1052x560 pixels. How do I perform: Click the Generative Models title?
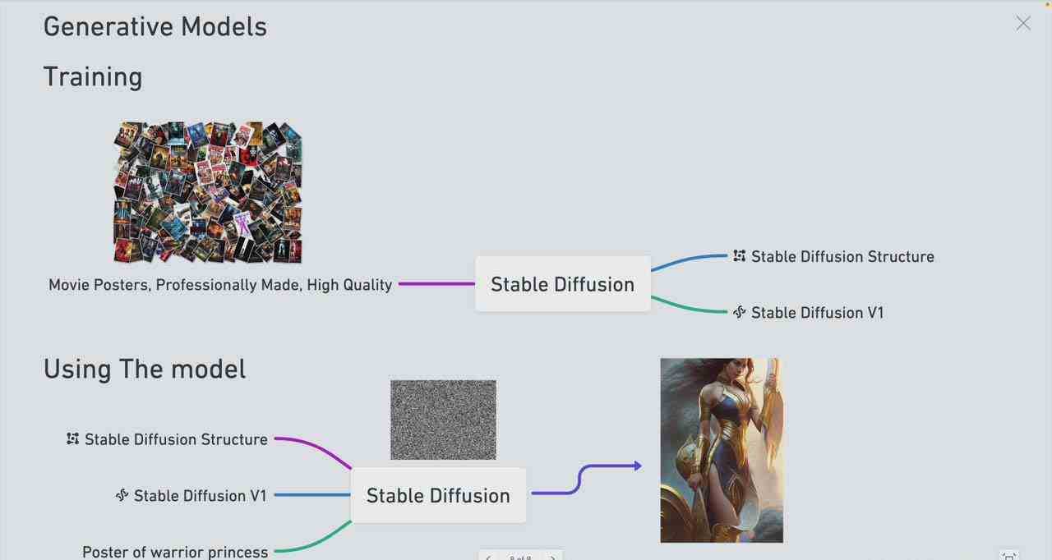pos(155,26)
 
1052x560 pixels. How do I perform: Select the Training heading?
pos(93,76)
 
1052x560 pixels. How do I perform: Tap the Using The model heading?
pos(145,369)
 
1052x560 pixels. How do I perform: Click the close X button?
pos(1022,24)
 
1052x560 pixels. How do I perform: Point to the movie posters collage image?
pos(208,192)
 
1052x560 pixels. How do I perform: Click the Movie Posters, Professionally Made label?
pos(220,285)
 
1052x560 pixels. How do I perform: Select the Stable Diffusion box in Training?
pos(562,284)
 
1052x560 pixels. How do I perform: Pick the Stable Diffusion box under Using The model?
pos(438,495)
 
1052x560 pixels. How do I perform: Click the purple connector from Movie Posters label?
pos(436,284)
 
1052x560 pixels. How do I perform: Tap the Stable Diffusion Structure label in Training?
pos(842,256)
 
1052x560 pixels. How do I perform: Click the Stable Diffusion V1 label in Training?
pos(817,312)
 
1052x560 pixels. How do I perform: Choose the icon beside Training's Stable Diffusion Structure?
pos(740,255)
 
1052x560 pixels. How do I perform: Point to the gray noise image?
pos(443,420)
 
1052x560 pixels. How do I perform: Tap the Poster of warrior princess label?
pos(175,551)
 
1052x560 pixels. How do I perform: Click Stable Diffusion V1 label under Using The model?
pos(200,495)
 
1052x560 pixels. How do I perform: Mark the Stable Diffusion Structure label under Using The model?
pos(176,439)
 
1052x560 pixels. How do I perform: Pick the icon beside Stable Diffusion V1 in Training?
pos(739,312)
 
